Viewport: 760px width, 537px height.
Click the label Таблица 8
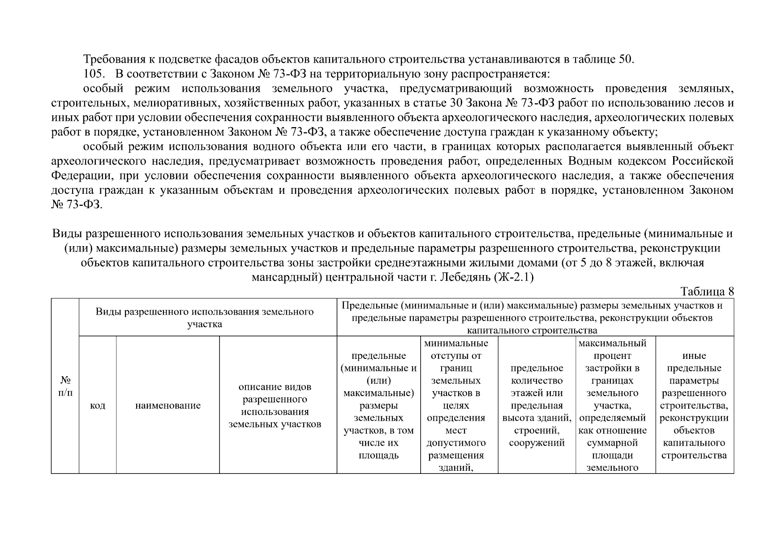[x=707, y=291]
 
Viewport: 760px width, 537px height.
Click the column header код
[x=98, y=405]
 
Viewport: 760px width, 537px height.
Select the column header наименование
[x=167, y=405]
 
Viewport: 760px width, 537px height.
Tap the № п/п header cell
[x=65, y=386]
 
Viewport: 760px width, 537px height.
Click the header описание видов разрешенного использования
[x=275, y=405]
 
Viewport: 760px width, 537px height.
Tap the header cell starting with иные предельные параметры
[x=694, y=405]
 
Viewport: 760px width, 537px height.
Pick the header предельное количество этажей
[x=537, y=405]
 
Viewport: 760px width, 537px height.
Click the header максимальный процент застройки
[x=612, y=405]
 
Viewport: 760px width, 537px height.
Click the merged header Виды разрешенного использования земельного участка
[x=205, y=317]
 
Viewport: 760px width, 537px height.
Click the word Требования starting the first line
[x=113, y=59]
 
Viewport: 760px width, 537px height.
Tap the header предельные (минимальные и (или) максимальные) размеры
[x=378, y=405]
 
